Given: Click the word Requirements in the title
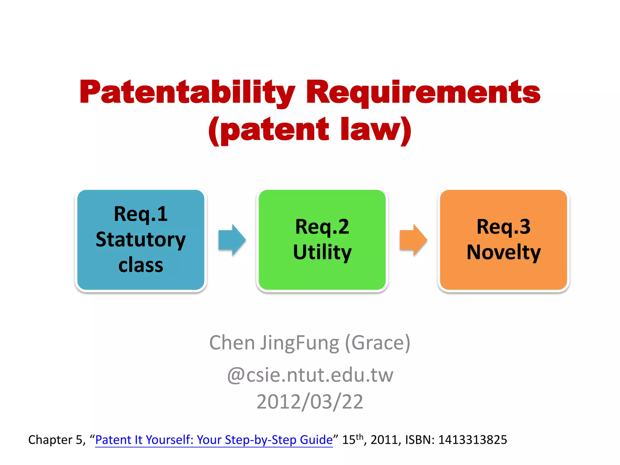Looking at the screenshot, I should click(x=423, y=92).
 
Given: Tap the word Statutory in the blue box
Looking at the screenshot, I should click(x=141, y=239).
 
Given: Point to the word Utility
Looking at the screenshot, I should click(x=322, y=252).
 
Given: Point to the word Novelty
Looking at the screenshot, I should click(x=503, y=252).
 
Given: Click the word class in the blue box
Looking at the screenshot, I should click(x=141, y=265).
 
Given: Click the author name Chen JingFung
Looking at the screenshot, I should click(x=274, y=343).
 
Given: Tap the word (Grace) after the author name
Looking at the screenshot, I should click(x=378, y=343).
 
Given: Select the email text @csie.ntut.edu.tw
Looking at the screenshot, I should click(x=310, y=375).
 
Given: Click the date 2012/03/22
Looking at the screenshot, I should click(x=310, y=402).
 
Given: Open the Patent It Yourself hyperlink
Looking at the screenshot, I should click(x=214, y=440).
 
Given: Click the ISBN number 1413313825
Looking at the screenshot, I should click(x=473, y=440).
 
